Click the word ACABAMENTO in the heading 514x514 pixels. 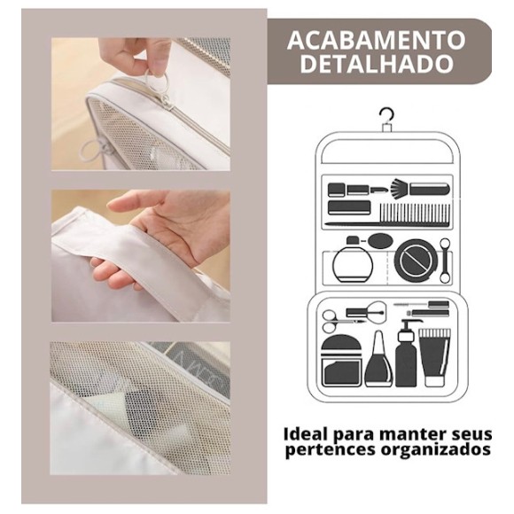376,40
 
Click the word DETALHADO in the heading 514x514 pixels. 377,64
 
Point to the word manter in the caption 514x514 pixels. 406,434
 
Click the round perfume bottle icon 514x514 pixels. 353,260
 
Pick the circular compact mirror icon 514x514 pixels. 416,261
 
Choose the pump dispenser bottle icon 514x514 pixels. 407,354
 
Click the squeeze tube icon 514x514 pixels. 434,358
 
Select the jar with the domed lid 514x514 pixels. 342,361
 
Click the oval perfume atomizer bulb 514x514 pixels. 380,240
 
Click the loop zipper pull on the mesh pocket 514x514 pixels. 92,149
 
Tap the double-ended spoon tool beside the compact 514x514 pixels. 445,261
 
